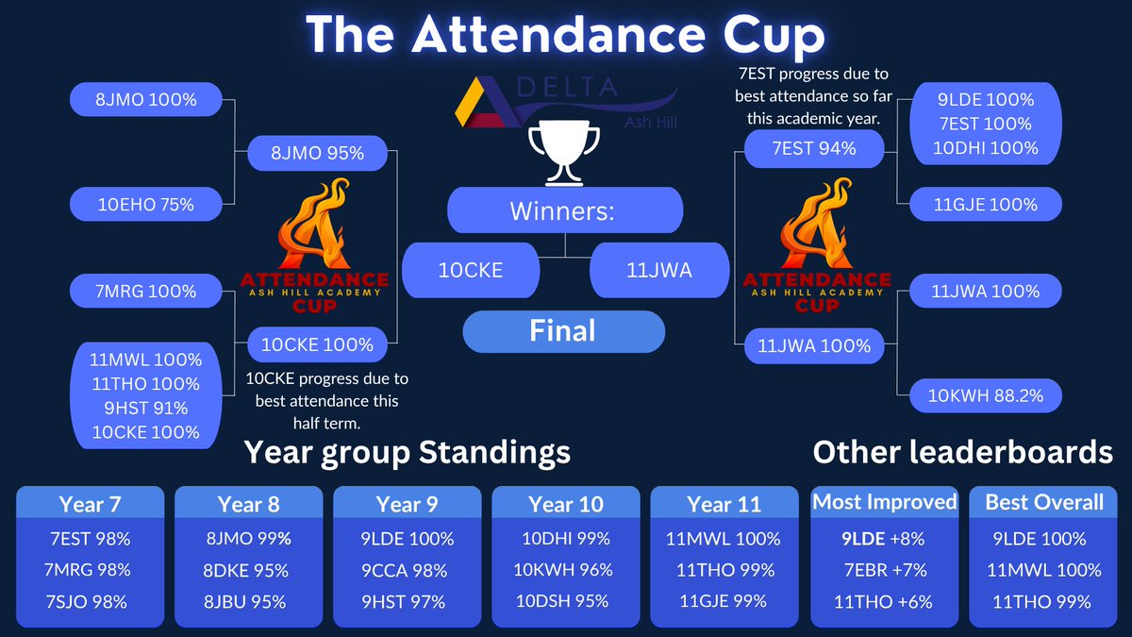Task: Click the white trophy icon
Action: (564, 153)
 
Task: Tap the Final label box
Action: (564, 331)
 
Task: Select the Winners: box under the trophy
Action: (564, 210)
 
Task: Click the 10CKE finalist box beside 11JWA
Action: (471, 270)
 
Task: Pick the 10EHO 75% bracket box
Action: (146, 205)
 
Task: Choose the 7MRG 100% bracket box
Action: (146, 291)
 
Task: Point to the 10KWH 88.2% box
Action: (986, 395)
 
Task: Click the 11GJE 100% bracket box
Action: (986, 205)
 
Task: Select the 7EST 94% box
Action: (813, 148)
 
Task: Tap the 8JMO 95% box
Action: (318, 153)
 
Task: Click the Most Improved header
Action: (885, 502)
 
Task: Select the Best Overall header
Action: (1044, 502)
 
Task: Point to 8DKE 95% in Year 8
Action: (247, 570)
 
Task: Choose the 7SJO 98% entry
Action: (90, 601)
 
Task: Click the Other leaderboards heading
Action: (962, 452)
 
